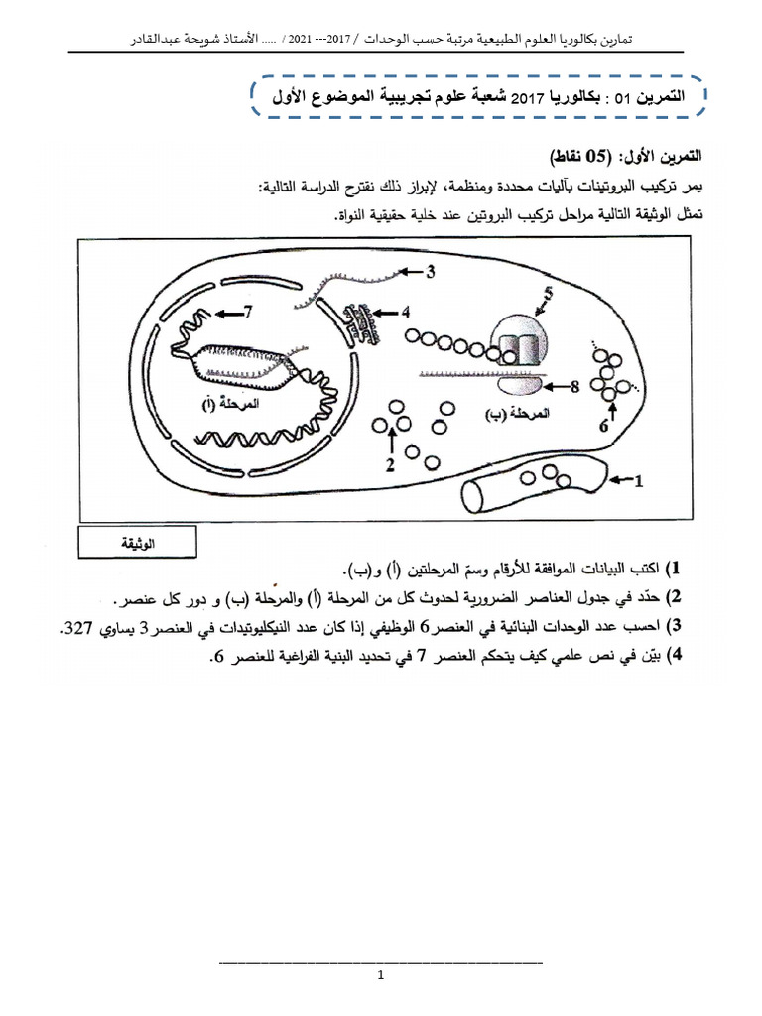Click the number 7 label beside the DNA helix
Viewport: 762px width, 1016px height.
pyautogui.click(x=249, y=312)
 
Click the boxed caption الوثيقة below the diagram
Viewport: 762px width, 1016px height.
pyautogui.click(x=138, y=543)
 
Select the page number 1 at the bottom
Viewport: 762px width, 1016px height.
pyautogui.click(x=381, y=976)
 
